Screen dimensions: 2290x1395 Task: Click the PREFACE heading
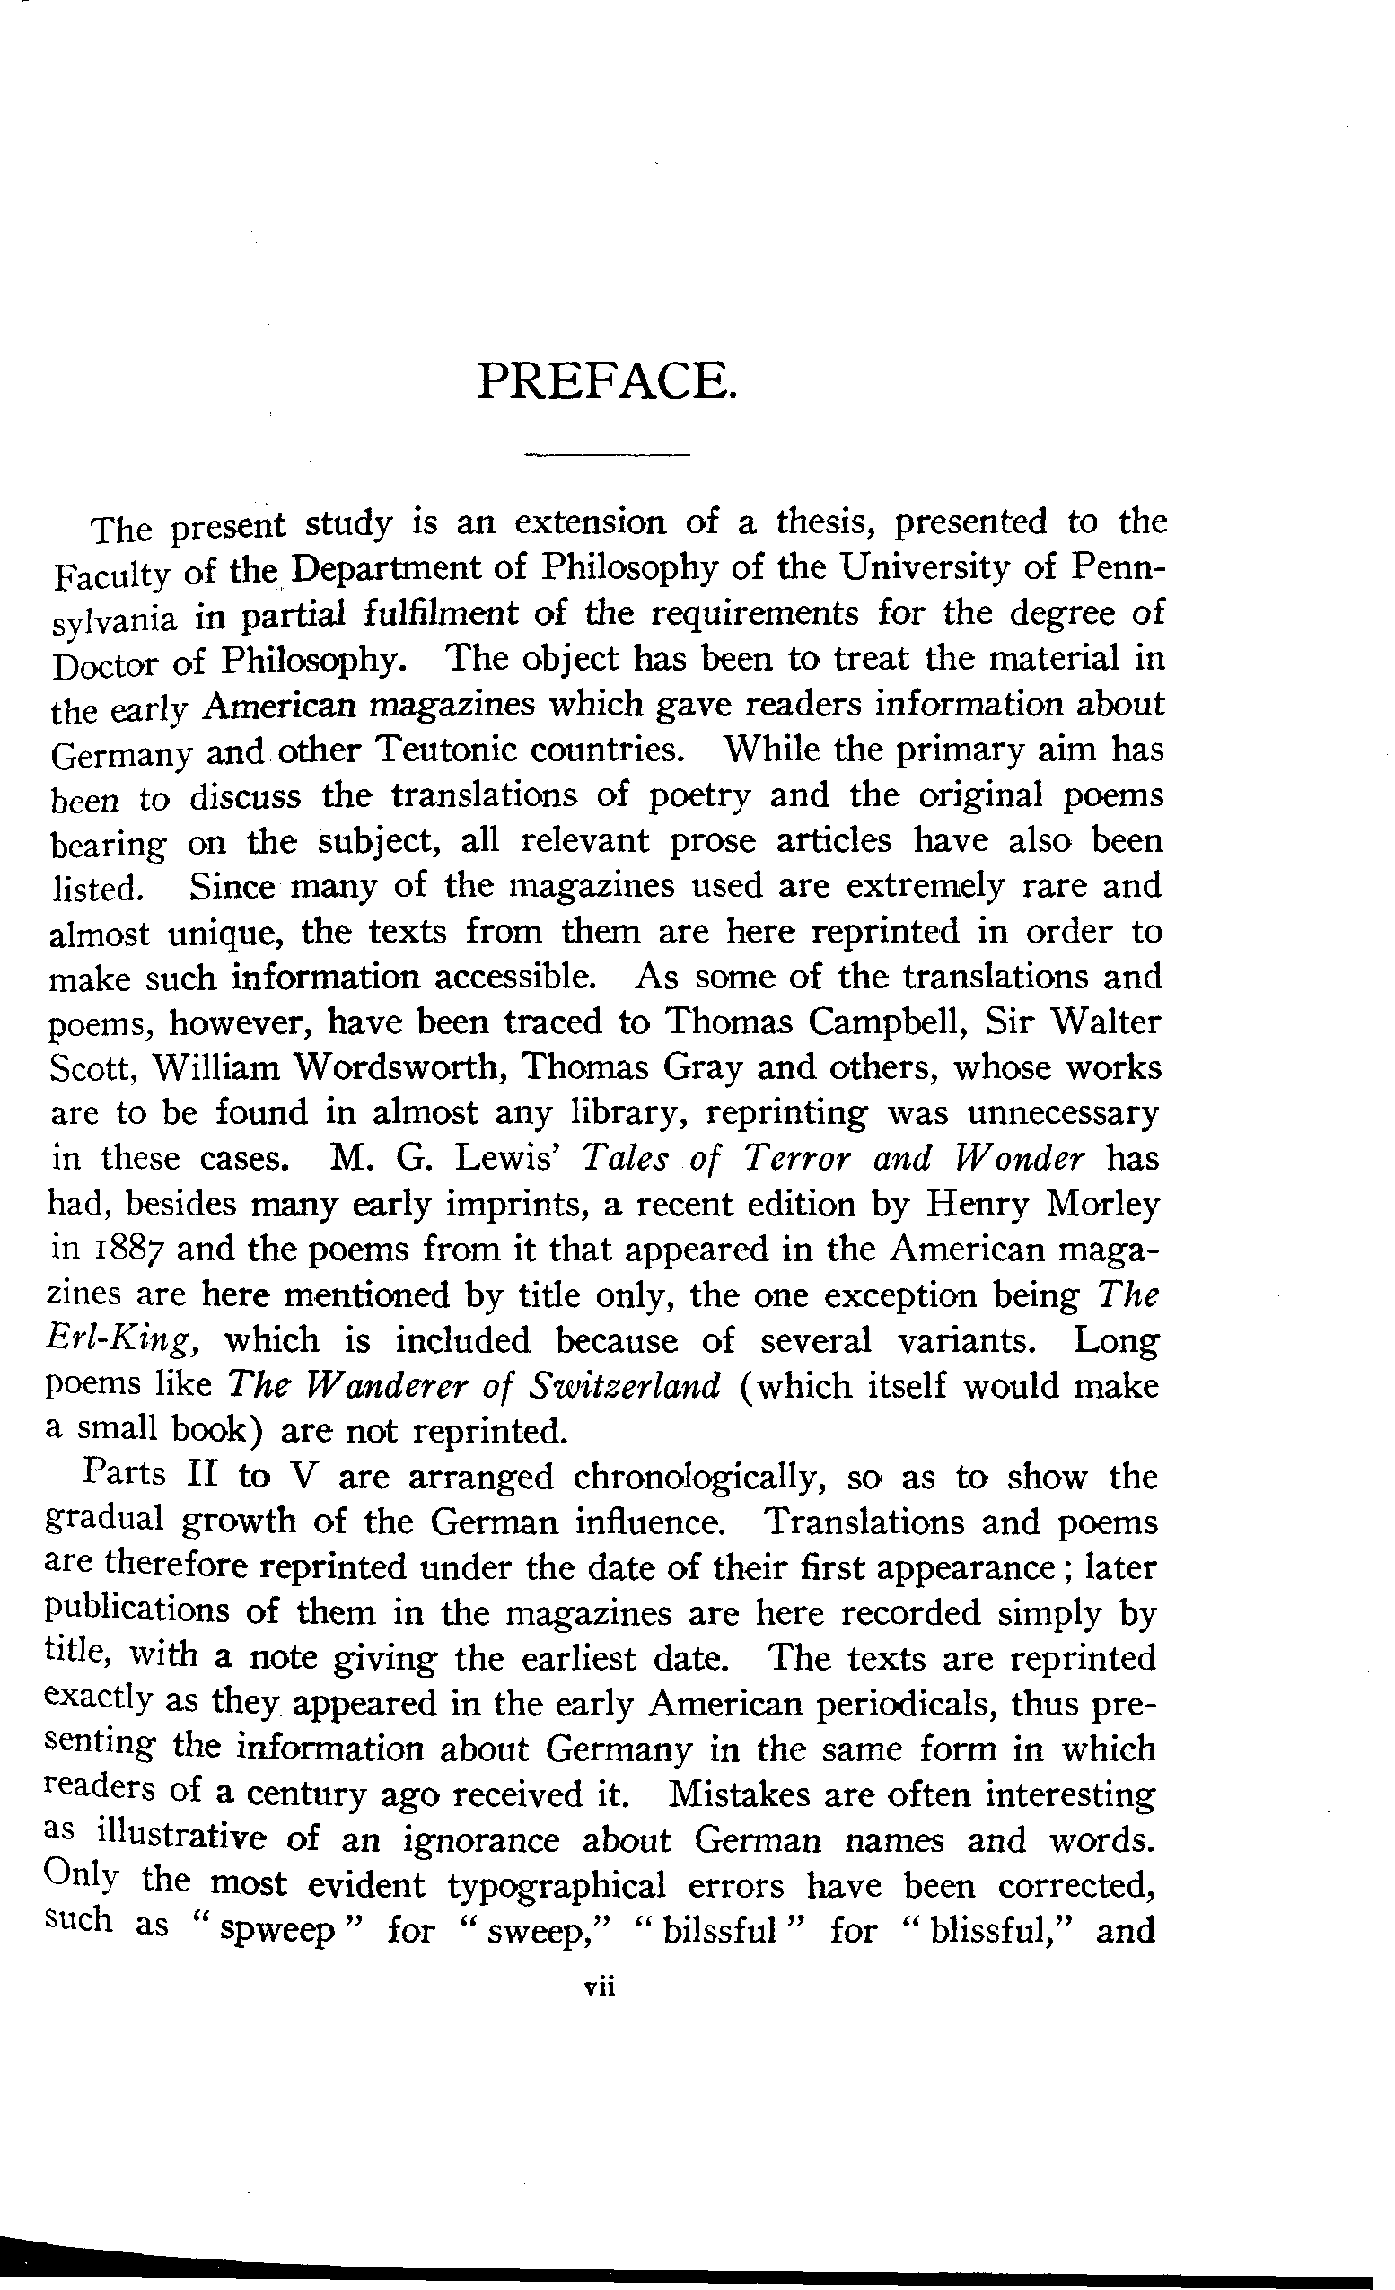(607, 380)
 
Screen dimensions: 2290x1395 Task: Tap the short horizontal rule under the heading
(607, 455)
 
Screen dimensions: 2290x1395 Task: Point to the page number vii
(600, 1986)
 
